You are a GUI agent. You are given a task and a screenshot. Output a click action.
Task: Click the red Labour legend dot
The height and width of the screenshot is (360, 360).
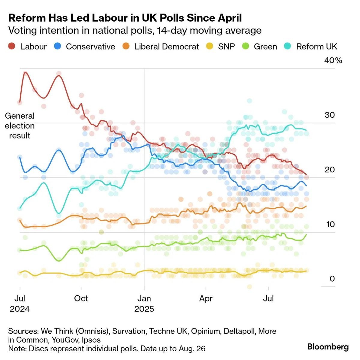pyautogui.click(x=12, y=46)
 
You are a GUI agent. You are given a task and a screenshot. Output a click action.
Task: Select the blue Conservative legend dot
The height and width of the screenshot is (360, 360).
pyautogui.click(x=58, y=46)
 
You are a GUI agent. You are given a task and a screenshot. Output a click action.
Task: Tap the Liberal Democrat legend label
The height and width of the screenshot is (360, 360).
pyautogui.click(x=166, y=47)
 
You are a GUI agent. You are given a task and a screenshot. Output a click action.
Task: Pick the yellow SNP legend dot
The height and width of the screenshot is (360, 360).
pyautogui.click(x=210, y=46)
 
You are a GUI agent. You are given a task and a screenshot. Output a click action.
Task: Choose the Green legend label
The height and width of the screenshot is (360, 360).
pyautogui.click(x=265, y=47)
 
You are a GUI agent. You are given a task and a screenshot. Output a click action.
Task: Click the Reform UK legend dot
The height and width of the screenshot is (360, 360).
pyautogui.click(x=287, y=46)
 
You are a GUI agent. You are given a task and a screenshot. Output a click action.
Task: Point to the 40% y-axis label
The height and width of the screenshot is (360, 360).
pyautogui.click(x=333, y=60)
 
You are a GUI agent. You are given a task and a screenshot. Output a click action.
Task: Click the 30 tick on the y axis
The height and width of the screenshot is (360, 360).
pyautogui.click(x=329, y=115)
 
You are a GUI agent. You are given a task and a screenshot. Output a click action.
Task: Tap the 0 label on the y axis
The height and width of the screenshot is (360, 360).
pyautogui.click(x=332, y=279)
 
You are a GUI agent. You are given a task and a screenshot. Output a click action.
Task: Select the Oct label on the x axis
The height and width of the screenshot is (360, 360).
pyautogui.click(x=81, y=298)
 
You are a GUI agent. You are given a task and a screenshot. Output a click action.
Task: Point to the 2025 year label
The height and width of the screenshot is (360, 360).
pyautogui.click(x=144, y=309)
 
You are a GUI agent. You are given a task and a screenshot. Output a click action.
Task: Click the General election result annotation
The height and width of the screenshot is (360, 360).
pyautogui.click(x=19, y=126)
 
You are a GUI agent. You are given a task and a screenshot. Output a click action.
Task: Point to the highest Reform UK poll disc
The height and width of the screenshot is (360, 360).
pyautogui.click(x=250, y=101)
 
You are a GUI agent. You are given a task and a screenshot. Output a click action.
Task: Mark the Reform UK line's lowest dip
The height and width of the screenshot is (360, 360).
pyautogui.click(x=59, y=213)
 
